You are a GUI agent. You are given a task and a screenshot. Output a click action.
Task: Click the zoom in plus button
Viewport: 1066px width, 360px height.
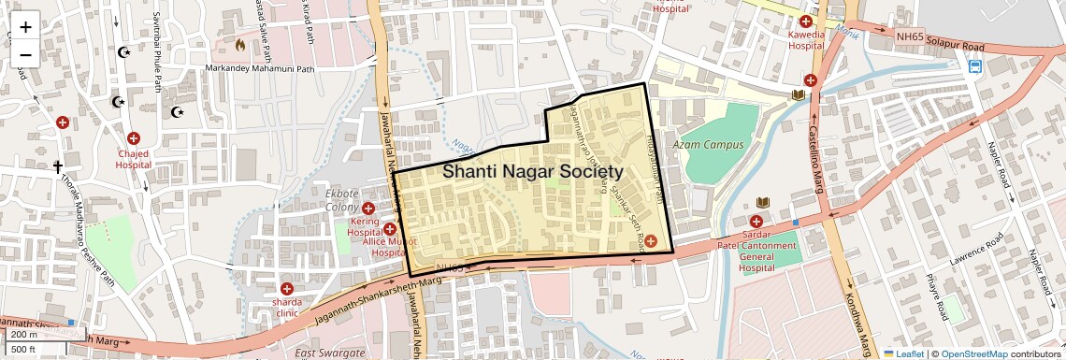click(25, 26)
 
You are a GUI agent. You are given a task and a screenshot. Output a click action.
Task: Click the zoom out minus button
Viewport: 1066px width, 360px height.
click(25, 54)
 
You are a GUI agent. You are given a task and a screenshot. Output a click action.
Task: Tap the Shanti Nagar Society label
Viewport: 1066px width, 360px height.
click(532, 172)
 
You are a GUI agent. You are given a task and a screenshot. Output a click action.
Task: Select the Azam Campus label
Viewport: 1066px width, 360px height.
click(708, 145)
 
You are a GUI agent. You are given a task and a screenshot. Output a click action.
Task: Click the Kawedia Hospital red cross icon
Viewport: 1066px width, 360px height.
click(805, 22)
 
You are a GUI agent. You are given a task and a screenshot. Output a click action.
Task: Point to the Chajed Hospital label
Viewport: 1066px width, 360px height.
click(133, 158)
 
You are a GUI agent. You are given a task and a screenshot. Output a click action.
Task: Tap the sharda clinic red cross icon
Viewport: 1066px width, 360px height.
click(287, 290)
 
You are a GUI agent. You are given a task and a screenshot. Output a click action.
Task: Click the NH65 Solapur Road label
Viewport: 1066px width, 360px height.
click(940, 41)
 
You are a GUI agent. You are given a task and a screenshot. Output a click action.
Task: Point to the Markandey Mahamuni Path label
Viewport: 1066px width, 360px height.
click(267, 68)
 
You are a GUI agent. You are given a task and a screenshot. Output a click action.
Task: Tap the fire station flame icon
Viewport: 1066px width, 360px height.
click(240, 44)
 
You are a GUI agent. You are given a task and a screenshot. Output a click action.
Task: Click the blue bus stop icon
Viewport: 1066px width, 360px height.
click(975, 66)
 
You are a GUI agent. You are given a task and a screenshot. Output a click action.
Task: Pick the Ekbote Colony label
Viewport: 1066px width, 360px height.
click(341, 200)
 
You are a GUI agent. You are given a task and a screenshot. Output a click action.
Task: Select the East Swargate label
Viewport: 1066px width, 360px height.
click(329, 353)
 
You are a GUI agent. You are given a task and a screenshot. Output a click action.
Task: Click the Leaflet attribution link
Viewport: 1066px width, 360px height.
click(902, 354)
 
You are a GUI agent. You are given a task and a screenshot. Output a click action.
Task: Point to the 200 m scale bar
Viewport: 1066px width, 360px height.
click(26, 335)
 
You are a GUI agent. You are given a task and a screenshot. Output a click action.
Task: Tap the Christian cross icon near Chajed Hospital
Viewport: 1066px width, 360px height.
click(57, 167)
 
